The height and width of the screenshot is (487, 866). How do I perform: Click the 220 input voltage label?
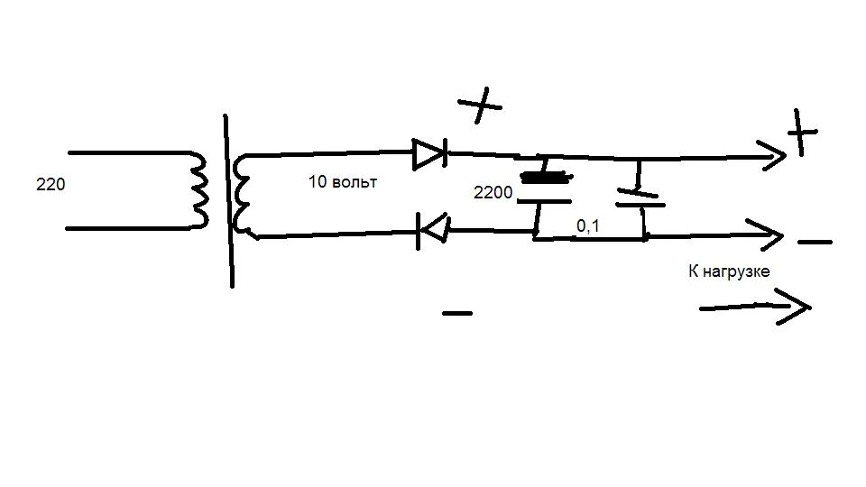[51, 184]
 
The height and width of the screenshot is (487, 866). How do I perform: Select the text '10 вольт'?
[343, 181]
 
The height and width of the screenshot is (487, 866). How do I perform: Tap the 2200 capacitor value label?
[493, 193]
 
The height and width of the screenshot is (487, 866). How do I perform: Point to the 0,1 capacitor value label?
[587, 225]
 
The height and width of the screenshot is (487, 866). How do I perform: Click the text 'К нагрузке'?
[729, 271]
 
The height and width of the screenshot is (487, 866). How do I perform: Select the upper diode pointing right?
[429, 153]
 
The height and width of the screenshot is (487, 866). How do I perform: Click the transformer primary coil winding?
[199, 189]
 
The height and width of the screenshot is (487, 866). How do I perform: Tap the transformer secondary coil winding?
[242, 196]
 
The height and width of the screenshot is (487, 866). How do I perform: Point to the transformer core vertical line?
[228, 201]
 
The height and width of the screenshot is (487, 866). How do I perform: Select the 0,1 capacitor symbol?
[640, 198]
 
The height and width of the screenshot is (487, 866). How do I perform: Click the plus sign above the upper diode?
[480, 105]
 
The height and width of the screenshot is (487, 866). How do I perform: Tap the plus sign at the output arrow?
[801, 133]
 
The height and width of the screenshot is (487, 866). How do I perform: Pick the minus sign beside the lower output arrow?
[815, 242]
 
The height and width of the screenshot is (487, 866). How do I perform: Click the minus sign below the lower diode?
[457, 313]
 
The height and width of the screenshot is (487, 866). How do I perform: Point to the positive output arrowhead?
[773, 156]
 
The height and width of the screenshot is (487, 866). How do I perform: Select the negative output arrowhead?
[769, 235]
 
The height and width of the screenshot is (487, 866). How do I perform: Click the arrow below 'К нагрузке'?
[755, 307]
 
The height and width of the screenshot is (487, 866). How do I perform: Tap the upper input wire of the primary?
[129, 152]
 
